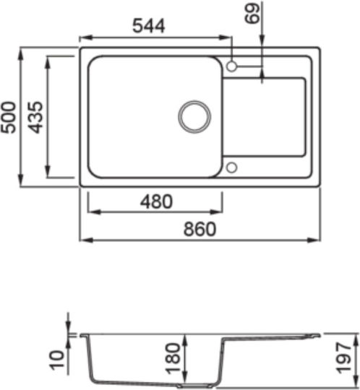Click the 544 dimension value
click(x=149, y=26)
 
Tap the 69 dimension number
click(x=252, y=14)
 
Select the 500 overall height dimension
click(x=8, y=117)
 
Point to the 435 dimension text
click(x=35, y=117)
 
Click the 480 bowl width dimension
click(x=156, y=201)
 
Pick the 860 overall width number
click(x=200, y=229)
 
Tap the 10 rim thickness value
click(x=57, y=360)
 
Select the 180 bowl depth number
click(x=173, y=358)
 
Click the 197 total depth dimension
click(x=343, y=357)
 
